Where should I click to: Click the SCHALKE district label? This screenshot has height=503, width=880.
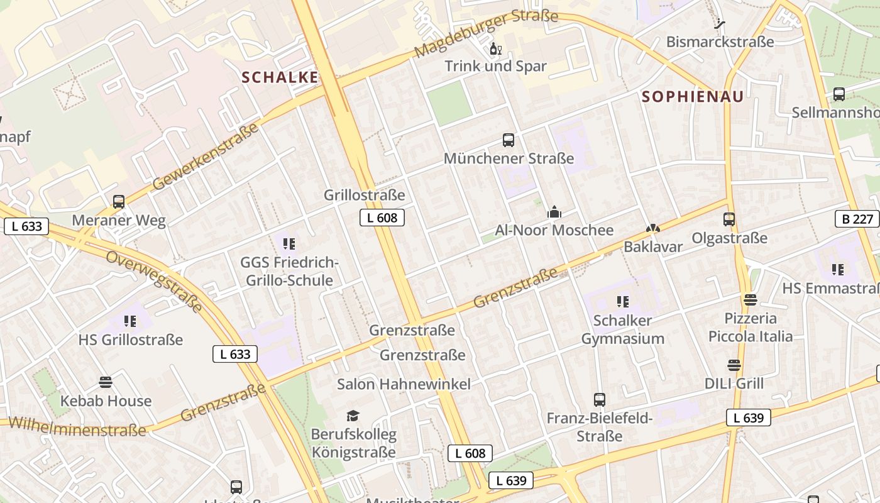(x=280, y=77)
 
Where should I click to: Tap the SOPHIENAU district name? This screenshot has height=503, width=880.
(x=693, y=96)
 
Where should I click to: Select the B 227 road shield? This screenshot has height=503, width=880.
(x=857, y=219)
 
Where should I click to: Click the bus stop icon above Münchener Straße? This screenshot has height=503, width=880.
(x=509, y=140)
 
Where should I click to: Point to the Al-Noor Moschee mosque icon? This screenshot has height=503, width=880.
(x=554, y=212)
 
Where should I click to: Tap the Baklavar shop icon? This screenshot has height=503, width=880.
(x=652, y=229)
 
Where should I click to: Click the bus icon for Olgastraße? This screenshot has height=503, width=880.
(x=729, y=219)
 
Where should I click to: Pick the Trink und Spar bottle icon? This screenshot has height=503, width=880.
(x=495, y=48)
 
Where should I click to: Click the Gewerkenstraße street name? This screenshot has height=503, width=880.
(x=206, y=156)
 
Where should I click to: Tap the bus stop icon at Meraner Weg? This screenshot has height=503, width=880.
(x=119, y=202)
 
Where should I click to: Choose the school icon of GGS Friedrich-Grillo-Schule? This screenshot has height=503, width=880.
(x=289, y=243)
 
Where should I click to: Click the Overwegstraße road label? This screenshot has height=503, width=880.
(x=154, y=280)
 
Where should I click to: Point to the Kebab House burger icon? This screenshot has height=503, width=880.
(x=106, y=382)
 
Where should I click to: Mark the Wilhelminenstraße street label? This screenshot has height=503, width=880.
(x=77, y=426)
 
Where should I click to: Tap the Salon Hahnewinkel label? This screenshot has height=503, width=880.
(x=404, y=384)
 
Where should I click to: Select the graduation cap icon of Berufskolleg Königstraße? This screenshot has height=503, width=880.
(x=353, y=416)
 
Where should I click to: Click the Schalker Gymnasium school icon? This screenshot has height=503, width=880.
(x=622, y=302)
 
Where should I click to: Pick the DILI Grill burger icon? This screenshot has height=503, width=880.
(x=734, y=365)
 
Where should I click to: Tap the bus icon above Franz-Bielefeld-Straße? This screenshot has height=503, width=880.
(x=600, y=399)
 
